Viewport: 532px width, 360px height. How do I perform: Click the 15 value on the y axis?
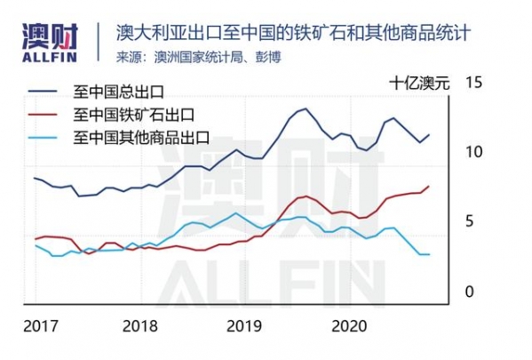[x=473, y=83]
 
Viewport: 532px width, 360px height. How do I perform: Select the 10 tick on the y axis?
[x=473, y=152]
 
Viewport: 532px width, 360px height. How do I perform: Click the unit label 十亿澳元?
[x=419, y=84]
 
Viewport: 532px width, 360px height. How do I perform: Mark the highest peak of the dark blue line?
[x=305, y=108]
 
